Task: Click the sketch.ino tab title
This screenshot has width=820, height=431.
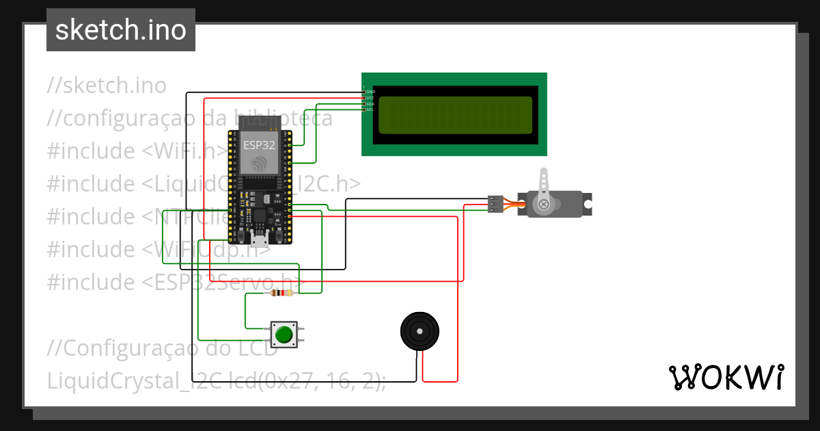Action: coord(120,30)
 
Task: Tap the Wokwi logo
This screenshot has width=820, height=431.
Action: coord(725,377)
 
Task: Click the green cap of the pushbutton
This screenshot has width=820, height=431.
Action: coord(284,335)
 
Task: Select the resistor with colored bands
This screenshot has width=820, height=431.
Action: coord(282,293)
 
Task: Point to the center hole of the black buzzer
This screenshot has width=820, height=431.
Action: coord(419,331)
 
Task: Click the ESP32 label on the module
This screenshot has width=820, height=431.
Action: coord(259,145)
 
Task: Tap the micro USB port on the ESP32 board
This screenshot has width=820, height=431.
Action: coord(260,239)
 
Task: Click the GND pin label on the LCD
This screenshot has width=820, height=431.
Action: coord(370,92)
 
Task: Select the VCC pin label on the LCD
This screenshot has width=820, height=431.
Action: coord(370,98)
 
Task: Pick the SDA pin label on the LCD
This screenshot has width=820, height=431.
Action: coord(370,104)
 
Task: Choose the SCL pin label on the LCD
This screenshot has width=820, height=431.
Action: coord(370,109)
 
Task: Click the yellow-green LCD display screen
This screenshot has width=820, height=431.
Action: coord(454,115)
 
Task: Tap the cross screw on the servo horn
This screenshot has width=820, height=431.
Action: coord(544,205)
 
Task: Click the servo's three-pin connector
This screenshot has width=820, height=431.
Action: coord(495,204)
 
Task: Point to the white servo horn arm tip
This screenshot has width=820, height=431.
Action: coord(544,174)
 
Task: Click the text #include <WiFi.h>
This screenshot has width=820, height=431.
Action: coord(137,151)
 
